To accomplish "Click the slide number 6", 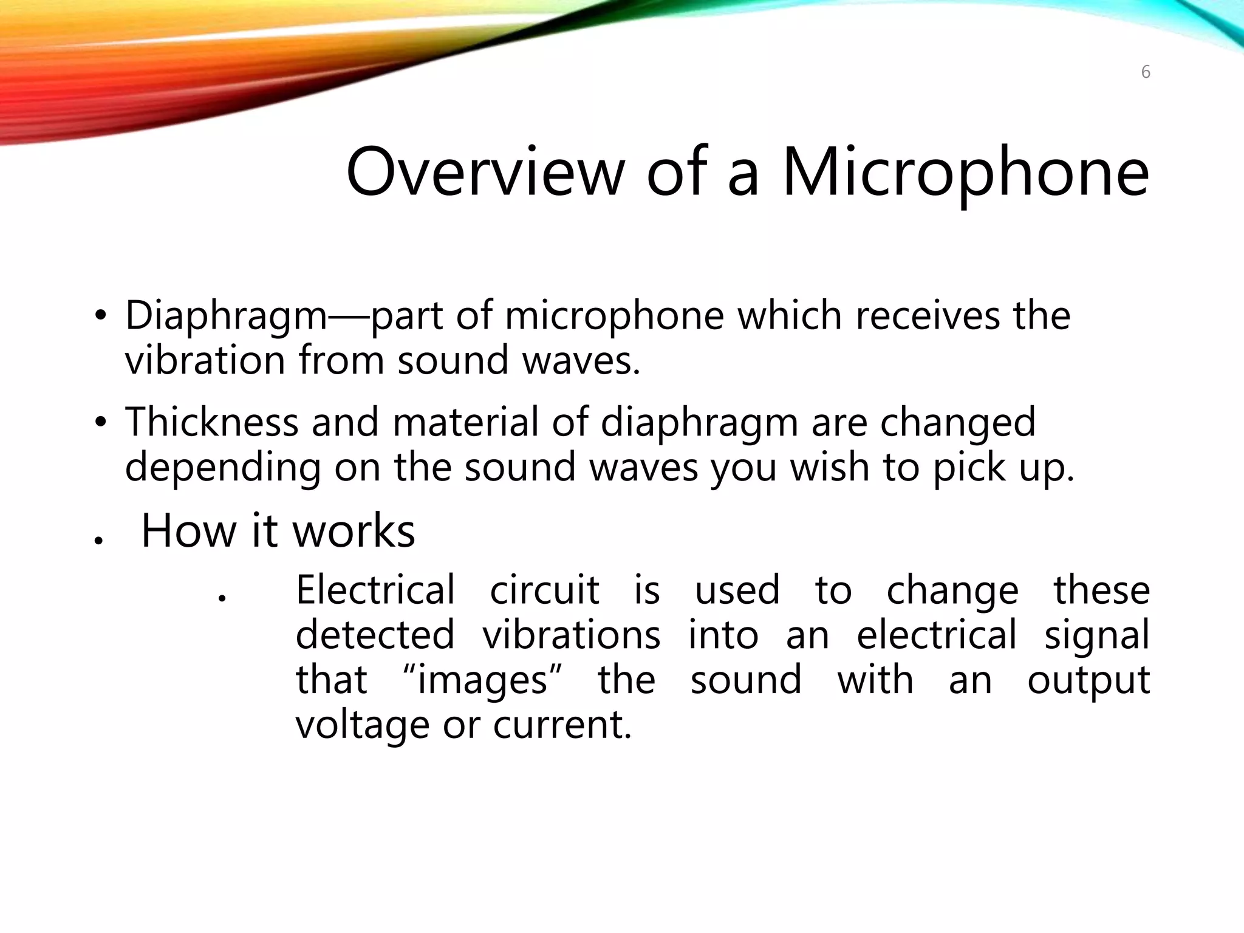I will pos(1146,72).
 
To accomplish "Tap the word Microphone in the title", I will pos(966,173).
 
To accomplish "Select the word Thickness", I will pos(212,422).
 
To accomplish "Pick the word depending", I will pos(222,468).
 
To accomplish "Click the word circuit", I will pos(544,590).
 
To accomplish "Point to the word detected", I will pos(375,635).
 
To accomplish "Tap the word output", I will pos(1088,681).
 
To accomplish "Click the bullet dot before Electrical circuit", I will pos(222,598).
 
